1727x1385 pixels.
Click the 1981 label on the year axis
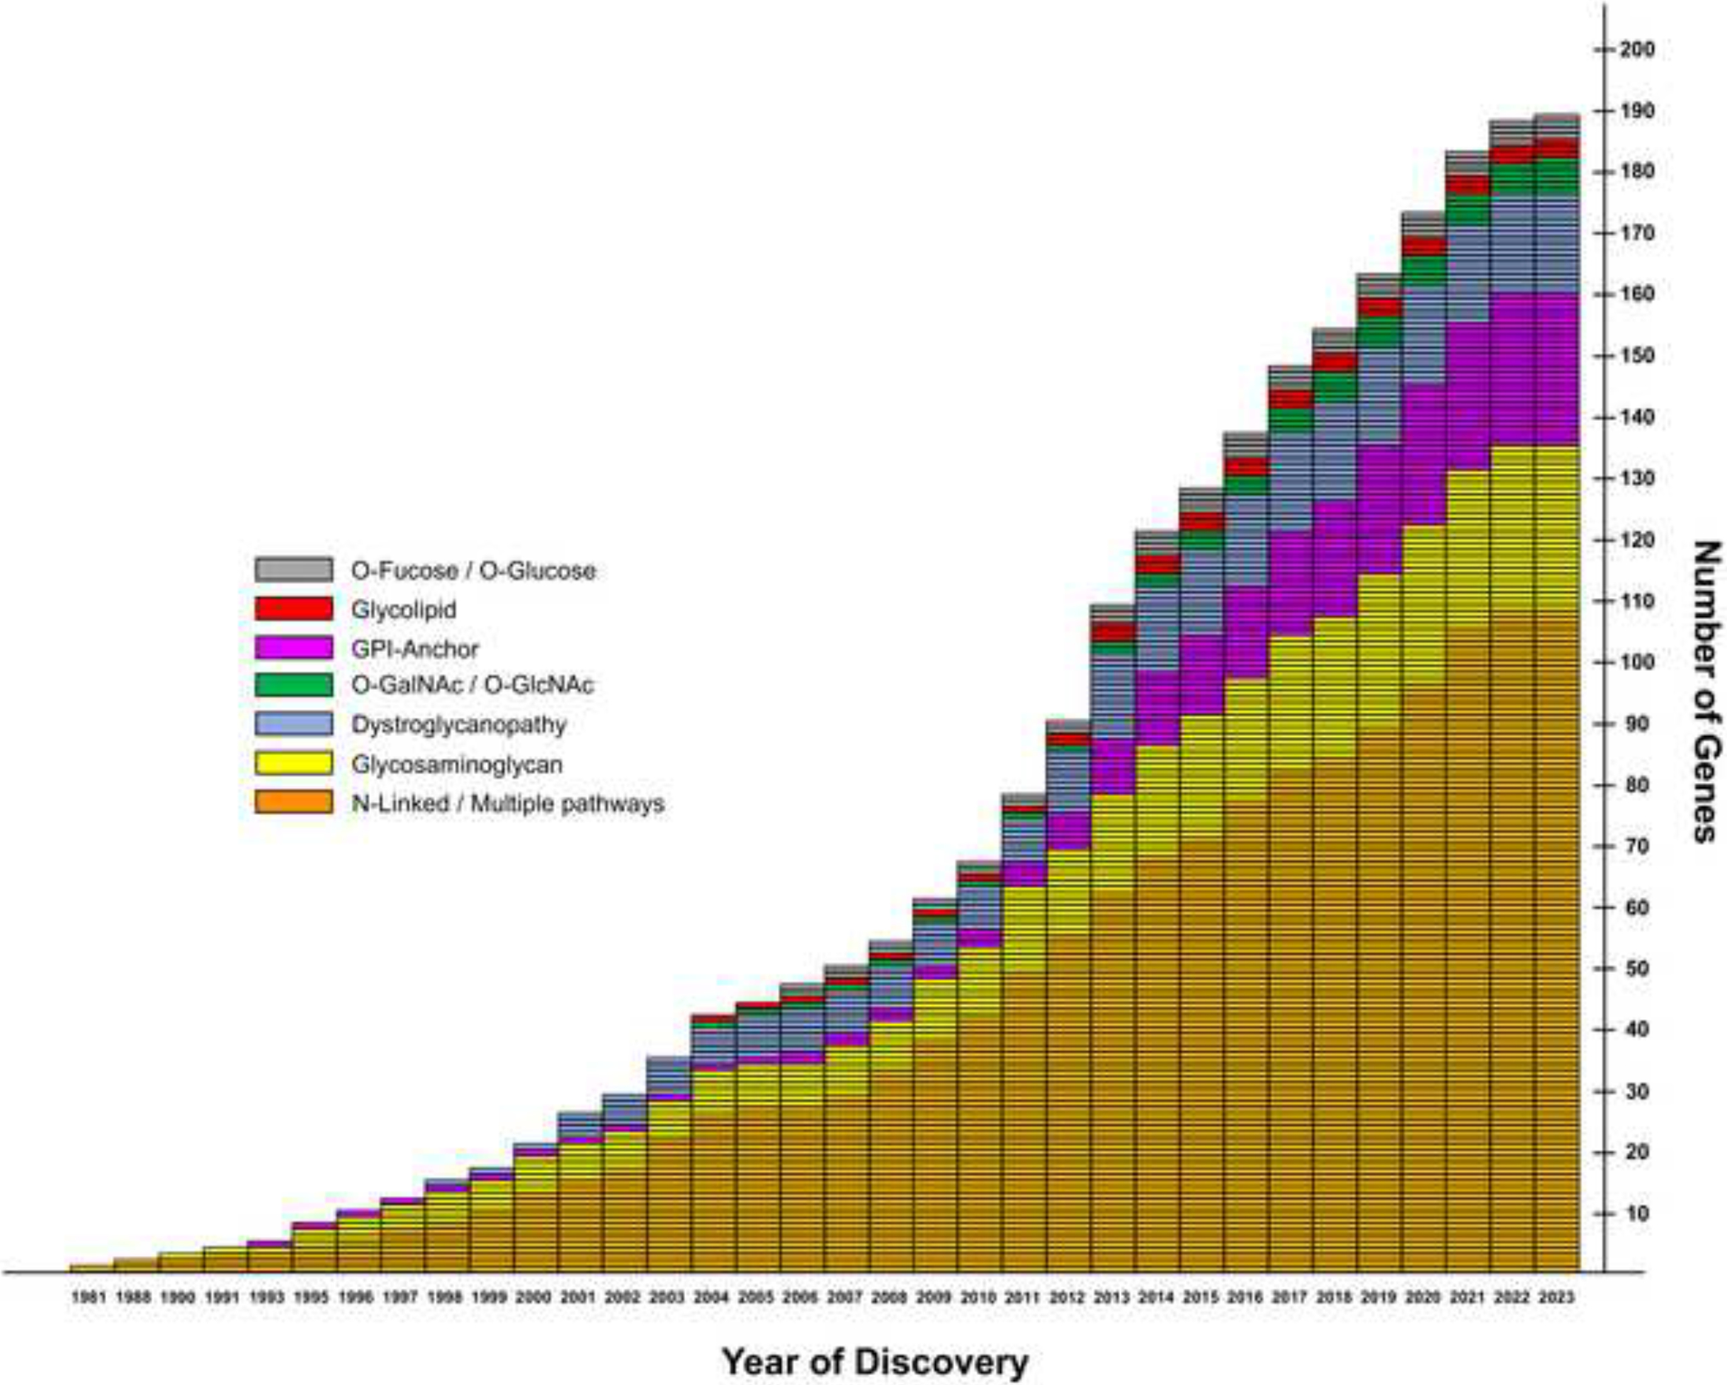tap(89, 1297)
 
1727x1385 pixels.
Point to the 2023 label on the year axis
tap(1557, 1297)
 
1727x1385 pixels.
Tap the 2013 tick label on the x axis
tap(1112, 1297)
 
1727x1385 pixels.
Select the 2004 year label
tap(711, 1297)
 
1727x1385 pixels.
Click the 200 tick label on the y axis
tap(1637, 49)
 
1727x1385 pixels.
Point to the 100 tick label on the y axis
tap(1637, 662)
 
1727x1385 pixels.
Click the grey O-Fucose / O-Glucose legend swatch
tap(294, 570)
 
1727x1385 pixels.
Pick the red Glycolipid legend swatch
tap(294, 609)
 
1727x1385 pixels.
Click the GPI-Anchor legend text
tap(414, 649)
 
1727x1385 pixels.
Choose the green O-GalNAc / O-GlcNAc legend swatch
tap(294, 684)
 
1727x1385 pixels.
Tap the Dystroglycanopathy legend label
tap(459, 725)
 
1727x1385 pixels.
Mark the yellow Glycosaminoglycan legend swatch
tap(294, 763)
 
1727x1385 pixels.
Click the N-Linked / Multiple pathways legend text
tap(507, 804)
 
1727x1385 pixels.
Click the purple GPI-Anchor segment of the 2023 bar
tap(1557, 370)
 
